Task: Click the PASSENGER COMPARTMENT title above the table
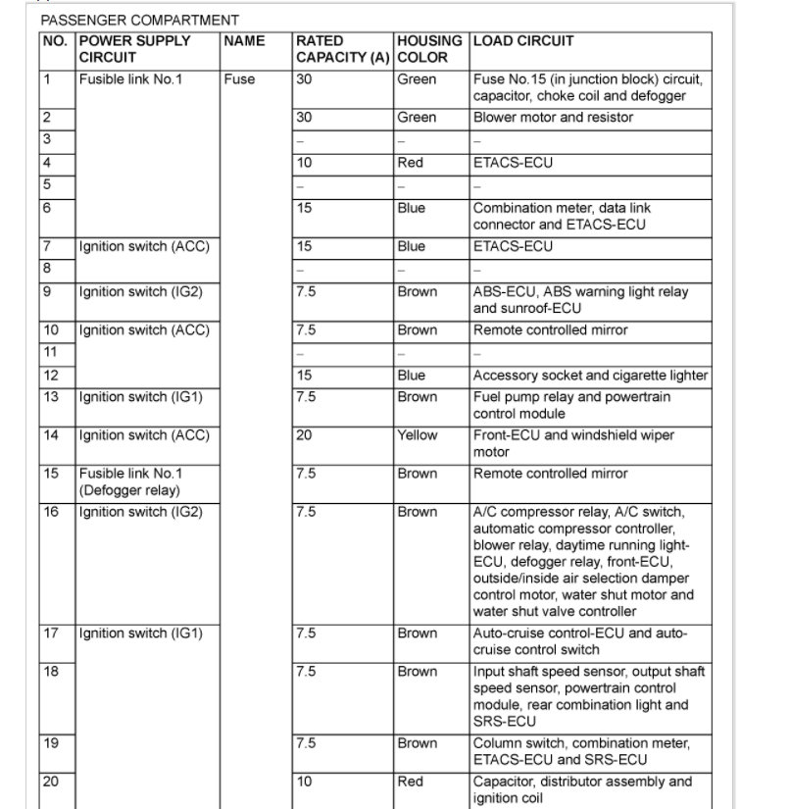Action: (139, 20)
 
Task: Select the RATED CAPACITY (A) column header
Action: (342, 49)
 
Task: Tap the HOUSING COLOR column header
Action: (429, 49)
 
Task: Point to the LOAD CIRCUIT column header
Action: (523, 41)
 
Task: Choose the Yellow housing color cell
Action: (418, 435)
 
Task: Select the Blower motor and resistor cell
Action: (553, 118)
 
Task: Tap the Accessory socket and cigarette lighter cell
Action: (590, 376)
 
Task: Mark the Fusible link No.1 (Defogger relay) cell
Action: (130, 481)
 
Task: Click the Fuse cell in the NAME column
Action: (239, 79)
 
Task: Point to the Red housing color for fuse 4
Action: (411, 163)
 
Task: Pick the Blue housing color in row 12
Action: (412, 376)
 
